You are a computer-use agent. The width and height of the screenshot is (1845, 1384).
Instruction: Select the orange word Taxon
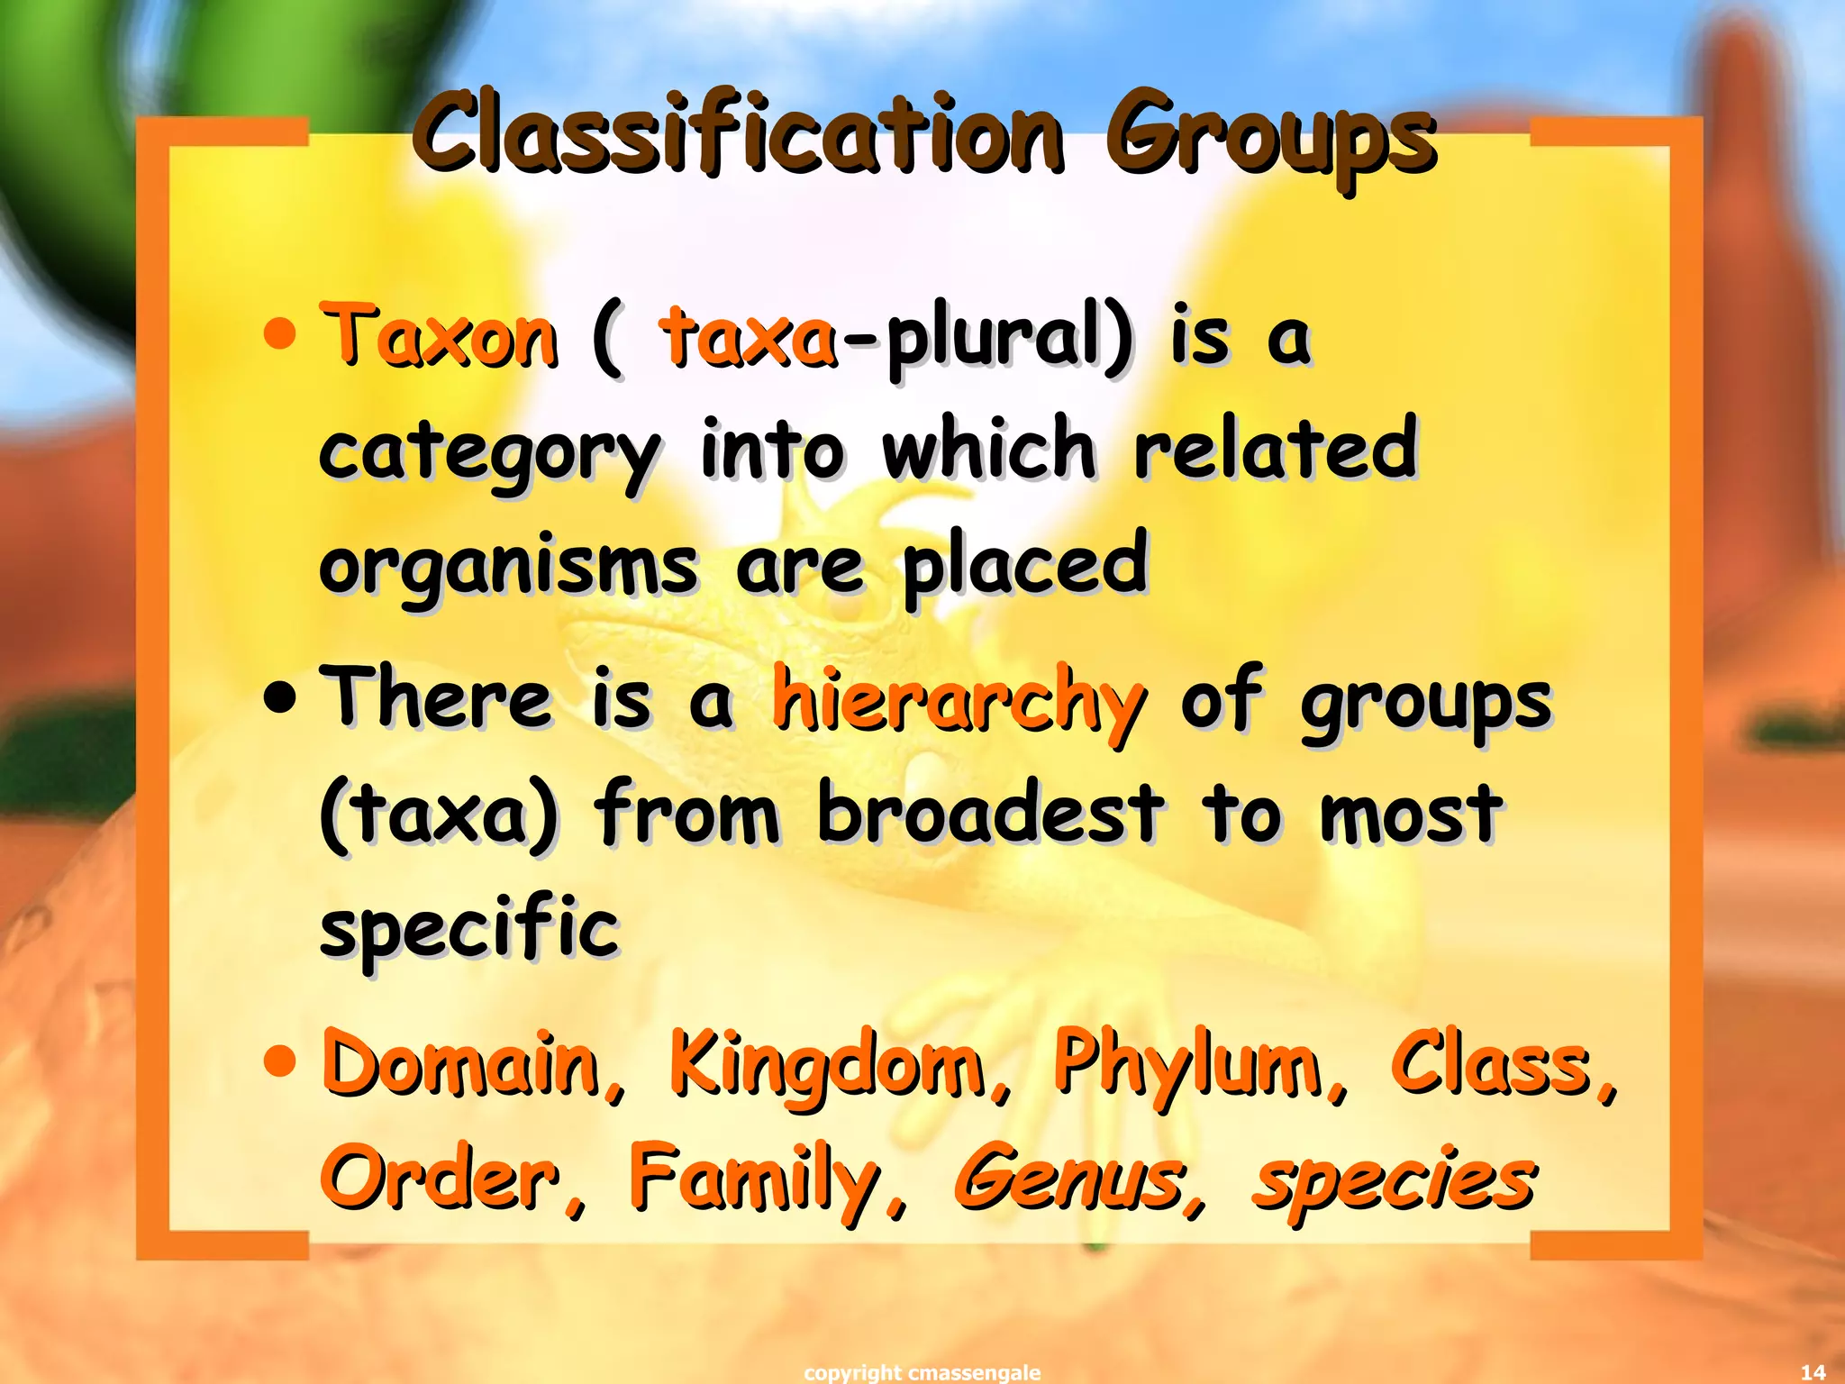pos(440,337)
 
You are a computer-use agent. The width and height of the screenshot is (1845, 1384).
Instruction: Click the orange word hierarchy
pos(959,703)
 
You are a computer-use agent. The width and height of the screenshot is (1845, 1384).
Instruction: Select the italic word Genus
pos(1070,1179)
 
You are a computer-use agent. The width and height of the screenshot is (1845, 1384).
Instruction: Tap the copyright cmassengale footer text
pos(922,1372)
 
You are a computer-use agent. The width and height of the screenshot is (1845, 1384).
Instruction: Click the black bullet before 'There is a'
pos(280,697)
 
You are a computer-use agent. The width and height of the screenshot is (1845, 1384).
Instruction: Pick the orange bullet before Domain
pos(280,1060)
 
